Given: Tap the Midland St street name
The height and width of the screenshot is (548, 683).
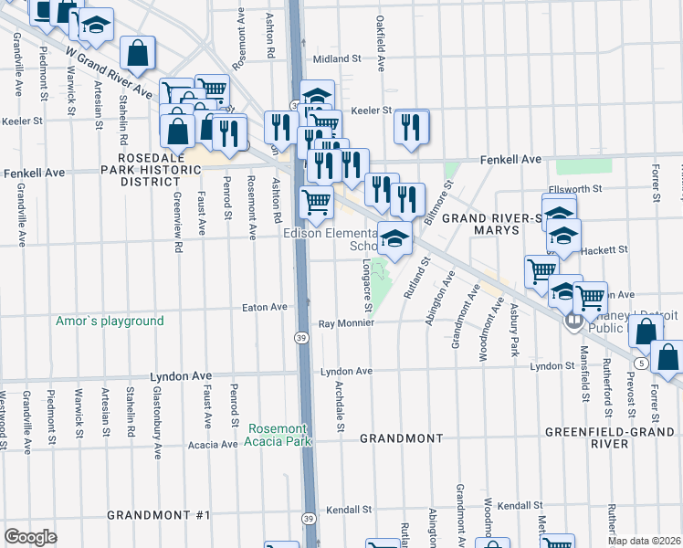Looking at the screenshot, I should pos(337,58).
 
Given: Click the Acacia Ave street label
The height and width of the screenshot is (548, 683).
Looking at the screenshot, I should pos(212,445).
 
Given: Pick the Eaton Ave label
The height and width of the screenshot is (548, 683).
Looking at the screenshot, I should pos(265,308).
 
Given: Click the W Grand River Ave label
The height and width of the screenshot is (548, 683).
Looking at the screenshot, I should pos(108,73).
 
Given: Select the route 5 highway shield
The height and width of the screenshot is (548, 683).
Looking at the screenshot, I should pos(644,364).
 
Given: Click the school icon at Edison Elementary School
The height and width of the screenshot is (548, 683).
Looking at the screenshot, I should pos(394,239).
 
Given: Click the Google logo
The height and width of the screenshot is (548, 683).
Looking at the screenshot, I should pos(30,536).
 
